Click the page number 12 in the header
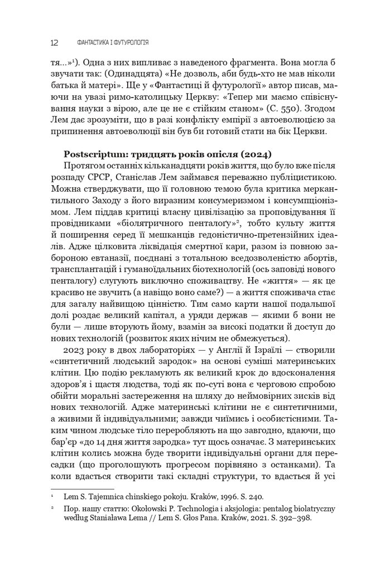point(55,42)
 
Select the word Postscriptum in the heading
point(94,153)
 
